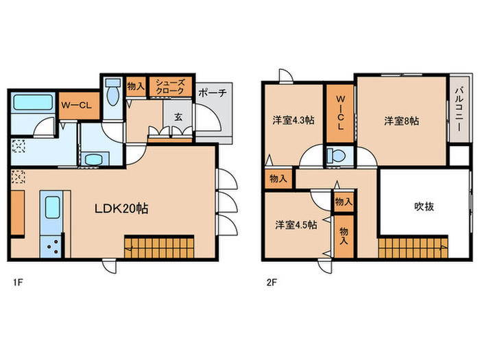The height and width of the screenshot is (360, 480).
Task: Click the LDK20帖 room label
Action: [x=121, y=208]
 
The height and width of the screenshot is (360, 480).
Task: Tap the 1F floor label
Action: [x=18, y=283]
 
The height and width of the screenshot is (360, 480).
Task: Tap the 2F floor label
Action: [x=272, y=283]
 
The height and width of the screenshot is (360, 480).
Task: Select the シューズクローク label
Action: [x=170, y=86]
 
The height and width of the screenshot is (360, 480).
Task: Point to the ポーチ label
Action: [x=213, y=93]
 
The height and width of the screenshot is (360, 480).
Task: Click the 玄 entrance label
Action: [x=178, y=117]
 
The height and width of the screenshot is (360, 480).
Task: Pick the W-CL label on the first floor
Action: [x=76, y=106]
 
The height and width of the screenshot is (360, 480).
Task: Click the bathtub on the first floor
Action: [x=33, y=103]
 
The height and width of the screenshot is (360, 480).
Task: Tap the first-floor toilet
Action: [x=113, y=91]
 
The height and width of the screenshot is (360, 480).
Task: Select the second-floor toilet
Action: [x=336, y=156]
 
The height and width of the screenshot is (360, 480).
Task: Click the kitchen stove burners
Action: [x=52, y=246]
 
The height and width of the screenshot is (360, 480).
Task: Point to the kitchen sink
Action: [x=52, y=207]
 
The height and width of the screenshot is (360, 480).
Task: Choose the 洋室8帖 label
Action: [x=402, y=121]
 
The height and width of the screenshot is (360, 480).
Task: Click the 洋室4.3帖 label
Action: [x=293, y=120]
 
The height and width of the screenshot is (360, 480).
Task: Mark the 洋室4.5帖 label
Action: [x=296, y=225]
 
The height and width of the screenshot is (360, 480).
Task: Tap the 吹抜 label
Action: [x=424, y=206]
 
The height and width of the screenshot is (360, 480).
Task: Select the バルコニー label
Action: [x=459, y=109]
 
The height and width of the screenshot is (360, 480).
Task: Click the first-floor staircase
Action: [x=159, y=247]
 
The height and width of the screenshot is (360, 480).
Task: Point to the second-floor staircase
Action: [x=413, y=248]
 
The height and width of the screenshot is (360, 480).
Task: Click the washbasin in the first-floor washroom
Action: [x=93, y=160]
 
